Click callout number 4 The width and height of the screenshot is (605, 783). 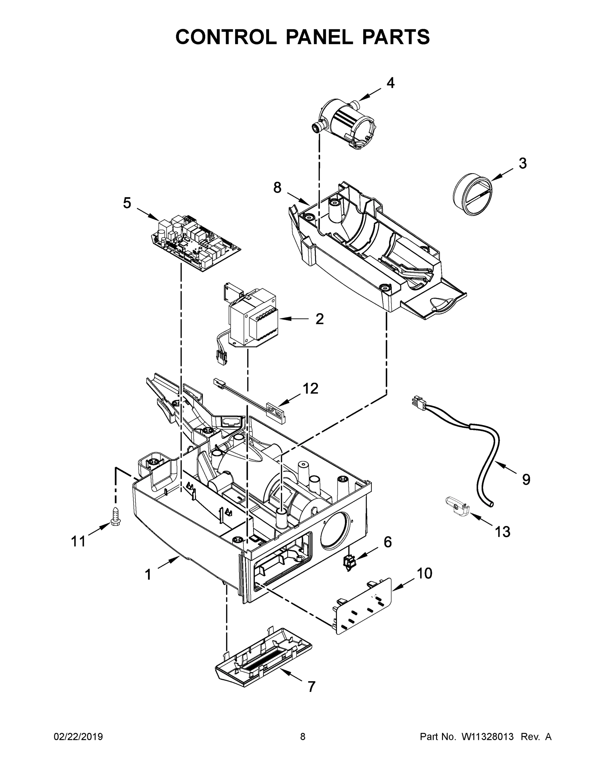(x=390, y=83)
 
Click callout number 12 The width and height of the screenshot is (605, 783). (x=310, y=388)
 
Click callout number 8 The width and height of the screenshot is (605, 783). (x=278, y=188)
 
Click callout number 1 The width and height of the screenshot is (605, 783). (x=148, y=575)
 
